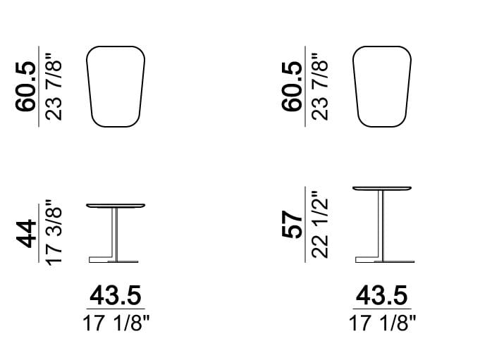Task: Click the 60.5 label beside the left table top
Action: click(x=25, y=87)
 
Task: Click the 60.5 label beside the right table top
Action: click(x=292, y=87)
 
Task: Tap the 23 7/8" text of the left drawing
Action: click(x=54, y=87)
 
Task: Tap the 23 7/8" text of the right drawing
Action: click(x=320, y=87)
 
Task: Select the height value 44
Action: click(x=26, y=233)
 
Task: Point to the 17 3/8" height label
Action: click(x=54, y=232)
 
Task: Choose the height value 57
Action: click(x=292, y=224)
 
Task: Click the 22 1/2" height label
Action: click(x=320, y=225)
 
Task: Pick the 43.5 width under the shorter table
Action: click(x=116, y=295)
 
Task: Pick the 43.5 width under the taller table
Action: click(x=382, y=295)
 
